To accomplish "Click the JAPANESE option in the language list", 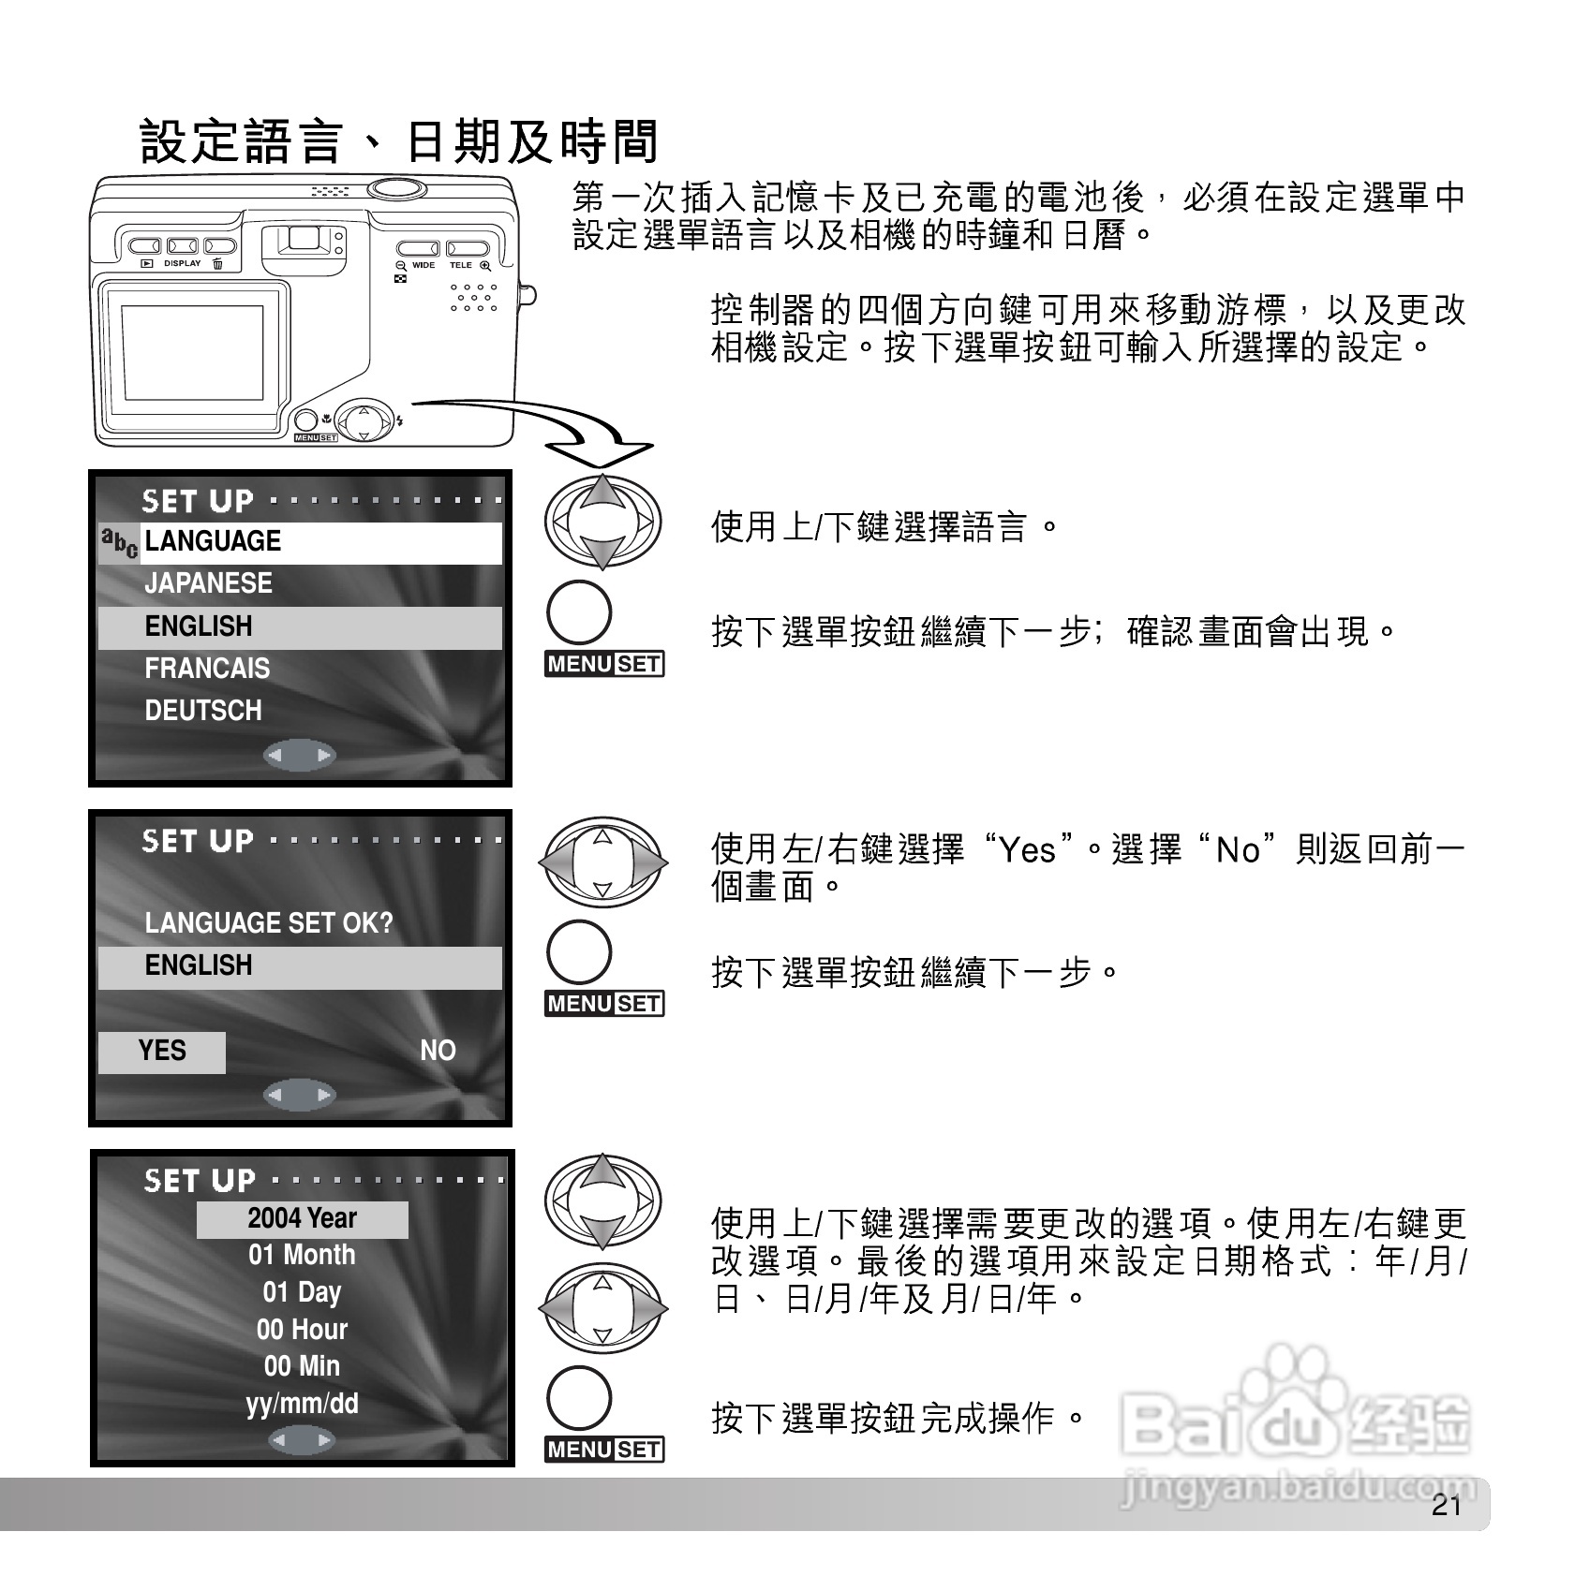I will click(208, 583).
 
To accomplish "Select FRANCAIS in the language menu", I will click(207, 669).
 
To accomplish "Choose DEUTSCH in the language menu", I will click(203, 711).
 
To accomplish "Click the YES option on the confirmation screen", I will click(162, 1051).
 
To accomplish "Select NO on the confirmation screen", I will click(438, 1051).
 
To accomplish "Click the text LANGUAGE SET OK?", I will click(269, 923).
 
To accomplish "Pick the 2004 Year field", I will click(302, 1218).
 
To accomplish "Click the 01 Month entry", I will click(302, 1255).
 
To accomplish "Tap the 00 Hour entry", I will click(302, 1330).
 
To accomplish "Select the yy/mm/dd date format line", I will click(302, 1404).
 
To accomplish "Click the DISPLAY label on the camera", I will click(182, 264).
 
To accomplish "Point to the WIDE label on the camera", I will click(423, 265).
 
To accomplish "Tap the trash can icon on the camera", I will click(217, 264).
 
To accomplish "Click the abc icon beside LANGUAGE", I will click(119, 542).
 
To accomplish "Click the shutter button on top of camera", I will click(397, 189).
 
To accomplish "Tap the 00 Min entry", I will click(302, 1366).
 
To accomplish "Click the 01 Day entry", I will click(302, 1292).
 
